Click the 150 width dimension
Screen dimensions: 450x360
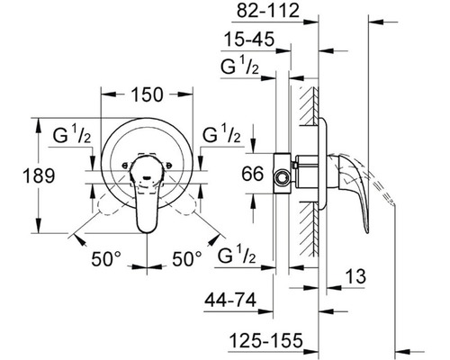(147, 94)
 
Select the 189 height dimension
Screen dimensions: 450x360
(39, 175)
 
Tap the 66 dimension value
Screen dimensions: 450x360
(253, 174)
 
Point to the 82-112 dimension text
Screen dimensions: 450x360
(268, 11)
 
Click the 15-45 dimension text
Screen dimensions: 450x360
(249, 40)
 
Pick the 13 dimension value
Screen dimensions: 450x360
(355, 276)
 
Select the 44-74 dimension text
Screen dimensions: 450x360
(230, 300)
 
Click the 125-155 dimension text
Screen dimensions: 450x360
(265, 341)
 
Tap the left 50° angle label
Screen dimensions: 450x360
(106, 258)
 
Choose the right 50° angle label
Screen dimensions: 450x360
(187, 258)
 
